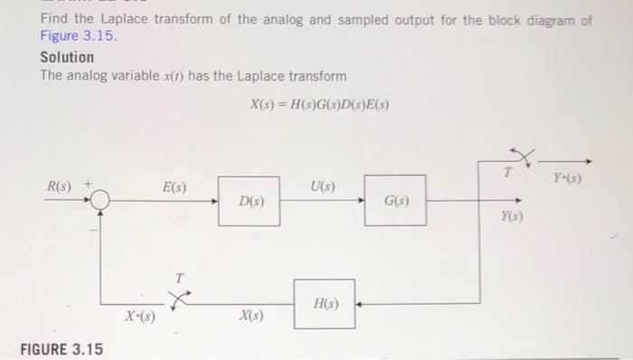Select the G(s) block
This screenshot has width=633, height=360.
395,200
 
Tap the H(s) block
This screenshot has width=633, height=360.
324,304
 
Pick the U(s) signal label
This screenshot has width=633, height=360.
322,187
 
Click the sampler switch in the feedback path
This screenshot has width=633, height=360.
181,298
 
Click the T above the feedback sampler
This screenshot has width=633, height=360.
178,277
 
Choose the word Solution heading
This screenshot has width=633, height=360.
67,57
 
